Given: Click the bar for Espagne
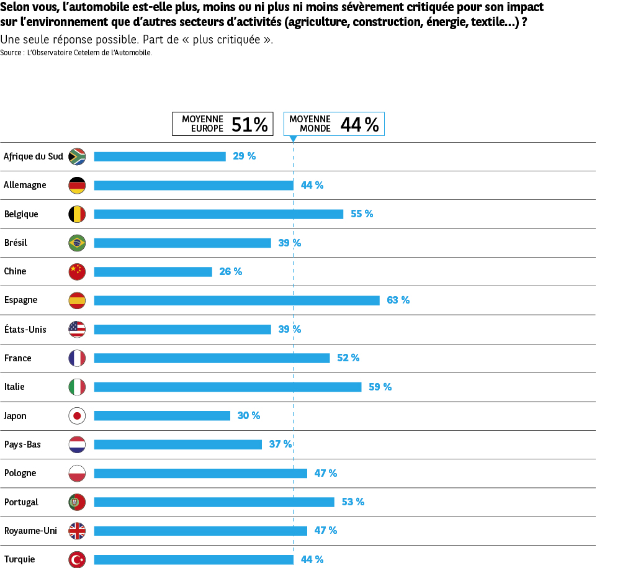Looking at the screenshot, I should pos(236,300).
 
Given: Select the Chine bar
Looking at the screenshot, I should pos(153,272).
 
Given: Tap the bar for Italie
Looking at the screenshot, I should pos(227,387).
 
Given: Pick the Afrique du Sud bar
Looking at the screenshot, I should pos(159,156).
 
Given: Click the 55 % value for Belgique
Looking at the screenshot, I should pos(362,214).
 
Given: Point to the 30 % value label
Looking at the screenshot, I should pos(248,416).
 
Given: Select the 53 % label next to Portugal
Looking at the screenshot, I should pos(352,502).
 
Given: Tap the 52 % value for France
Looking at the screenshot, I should pos(348,358).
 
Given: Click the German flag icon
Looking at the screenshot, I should pos(77,185).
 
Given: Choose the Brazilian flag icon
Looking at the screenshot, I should pos(77,243).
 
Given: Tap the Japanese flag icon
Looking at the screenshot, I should pos(77,416).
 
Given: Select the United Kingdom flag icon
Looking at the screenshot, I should pos(77,531).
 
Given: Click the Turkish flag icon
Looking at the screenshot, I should pos(77,559).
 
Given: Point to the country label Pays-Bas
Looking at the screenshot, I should pos(22,444).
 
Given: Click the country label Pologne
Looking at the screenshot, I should pos(20,473).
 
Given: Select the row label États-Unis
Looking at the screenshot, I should pos(25,329).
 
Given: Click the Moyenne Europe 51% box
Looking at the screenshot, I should pos(222,124).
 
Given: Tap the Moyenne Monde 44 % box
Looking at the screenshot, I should pos(334,124).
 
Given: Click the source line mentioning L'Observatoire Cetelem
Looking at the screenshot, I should pos(76,53).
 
